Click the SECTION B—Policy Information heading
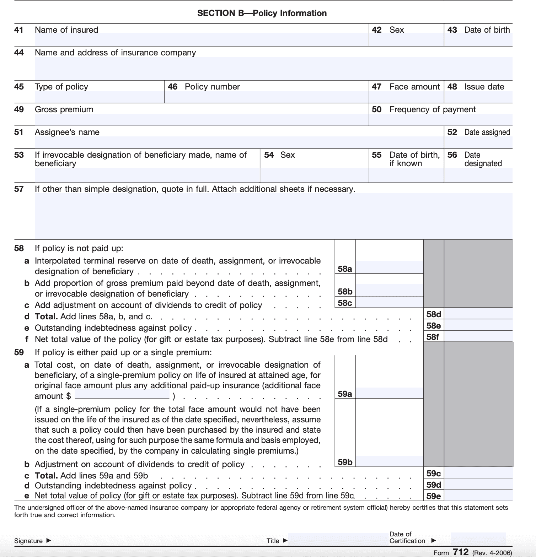[x=262, y=13]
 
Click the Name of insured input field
[x=201, y=39]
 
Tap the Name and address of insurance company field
[x=273, y=68]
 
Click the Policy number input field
[x=266, y=97]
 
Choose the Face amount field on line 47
[x=406, y=97]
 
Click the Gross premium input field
[x=201, y=119]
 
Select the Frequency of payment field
[x=441, y=119]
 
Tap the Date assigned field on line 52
[x=478, y=142]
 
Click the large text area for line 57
[x=273, y=216]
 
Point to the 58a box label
[x=345, y=269]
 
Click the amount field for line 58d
[x=478, y=314]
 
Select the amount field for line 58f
[x=478, y=337]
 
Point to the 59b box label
[x=345, y=462]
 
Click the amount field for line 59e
[x=478, y=496]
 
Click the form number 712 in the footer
[x=461, y=552]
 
